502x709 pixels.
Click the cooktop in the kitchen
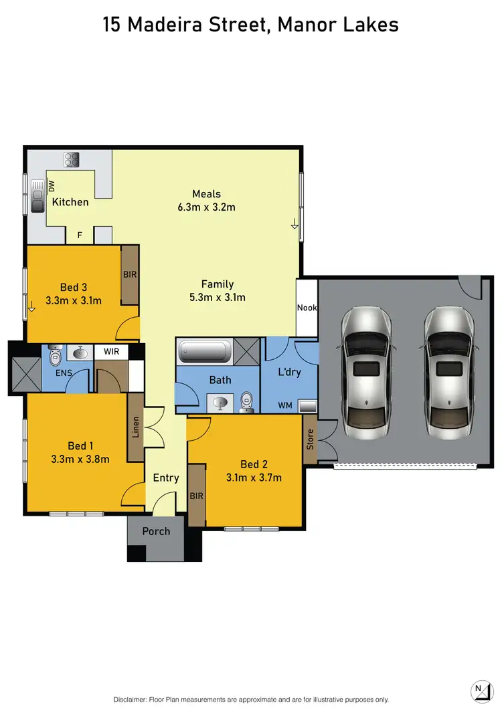(72, 161)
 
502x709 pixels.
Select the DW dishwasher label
(51, 185)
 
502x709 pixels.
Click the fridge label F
(80, 235)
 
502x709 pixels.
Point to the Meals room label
(207, 195)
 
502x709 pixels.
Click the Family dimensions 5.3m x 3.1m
(218, 297)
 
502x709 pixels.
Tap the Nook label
(308, 308)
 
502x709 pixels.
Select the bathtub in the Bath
(205, 350)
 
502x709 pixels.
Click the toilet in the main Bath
(246, 399)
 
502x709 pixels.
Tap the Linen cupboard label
(136, 426)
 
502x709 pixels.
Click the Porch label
(156, 532)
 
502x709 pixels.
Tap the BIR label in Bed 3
(130, 274)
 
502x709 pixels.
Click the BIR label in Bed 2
(197, 496)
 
